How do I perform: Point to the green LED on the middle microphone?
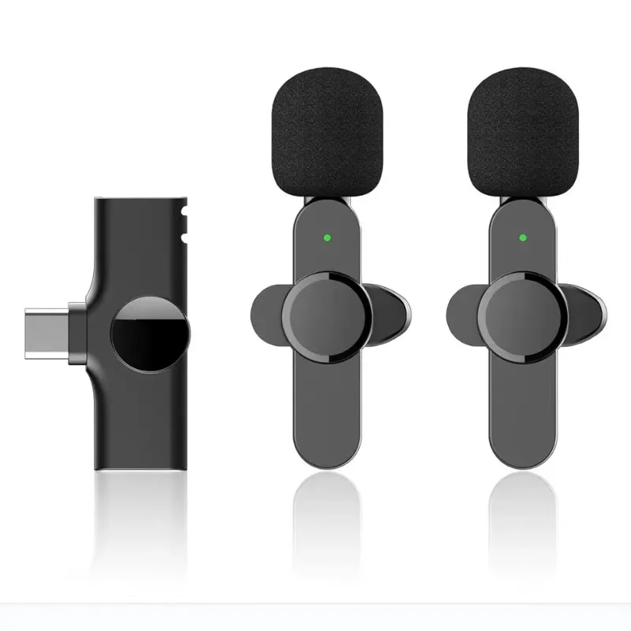tap(325, 236)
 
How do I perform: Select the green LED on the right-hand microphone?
tap(521, 236)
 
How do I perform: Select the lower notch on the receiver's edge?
tap(186, 236)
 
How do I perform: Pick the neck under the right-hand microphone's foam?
tap(521, 202)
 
